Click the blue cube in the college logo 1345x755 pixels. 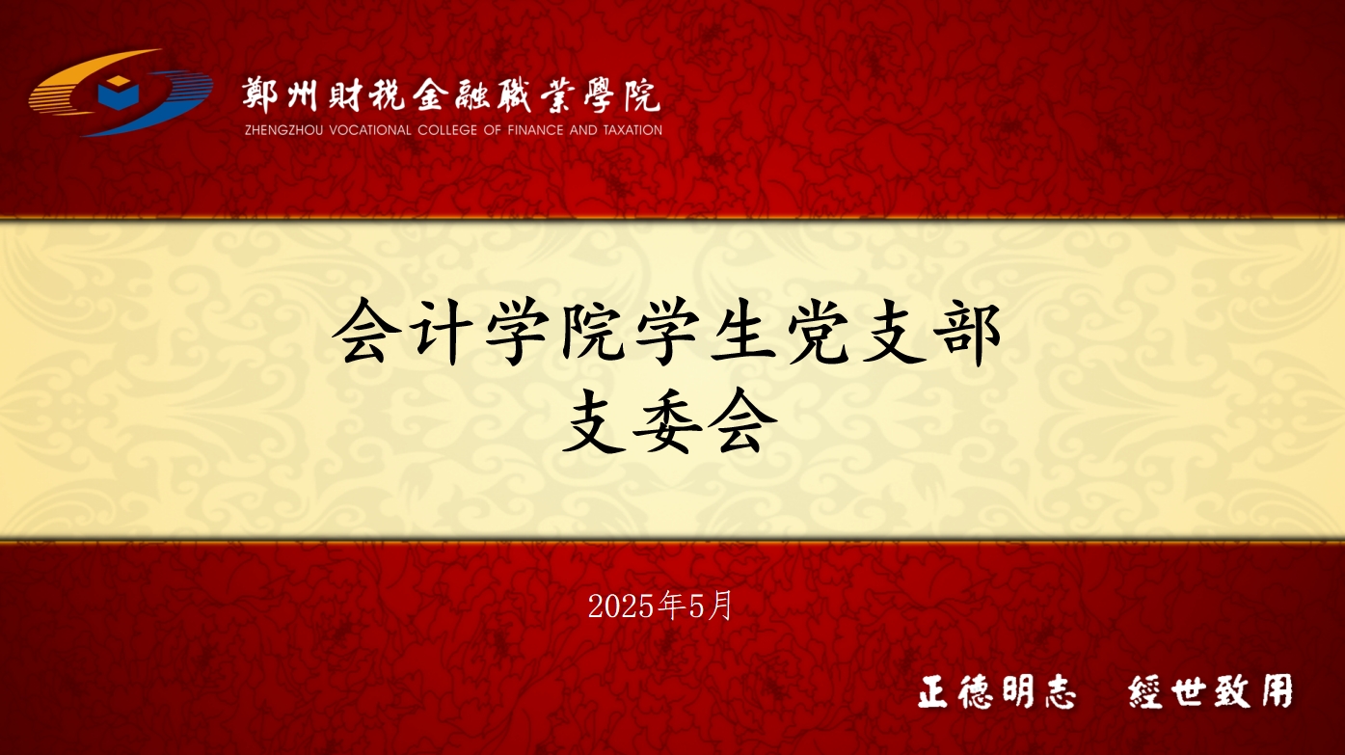(119, 92)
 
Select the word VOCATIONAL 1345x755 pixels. (370, 130)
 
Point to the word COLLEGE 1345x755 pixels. (447, 130)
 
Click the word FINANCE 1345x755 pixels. (536, 130)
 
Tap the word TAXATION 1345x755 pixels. (632, 130)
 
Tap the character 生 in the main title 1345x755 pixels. (742, 332)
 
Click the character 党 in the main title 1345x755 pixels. (818, 332)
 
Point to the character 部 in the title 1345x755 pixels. (968, 332)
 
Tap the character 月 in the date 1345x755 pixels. (719, 606)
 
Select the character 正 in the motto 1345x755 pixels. (933, 692)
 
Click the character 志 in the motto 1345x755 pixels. (1058, 692)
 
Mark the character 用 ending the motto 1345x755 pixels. (1277, 690)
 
